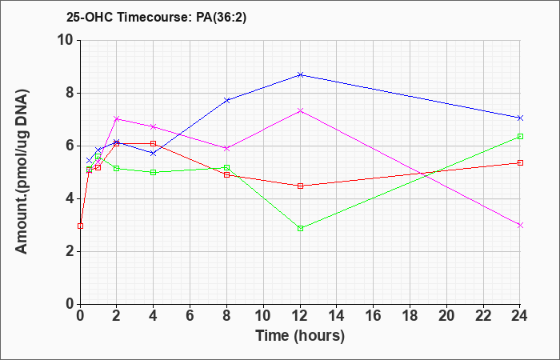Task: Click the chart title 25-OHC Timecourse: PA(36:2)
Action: point(157,17)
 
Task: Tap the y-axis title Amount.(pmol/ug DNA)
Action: point(22,172)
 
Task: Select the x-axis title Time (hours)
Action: point(300,336)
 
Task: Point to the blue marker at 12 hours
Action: point(300,74)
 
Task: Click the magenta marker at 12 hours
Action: point(300,110)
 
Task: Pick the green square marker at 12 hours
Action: point(300,228)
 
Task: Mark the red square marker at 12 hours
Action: point(300,186)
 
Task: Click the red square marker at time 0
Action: point(80,226)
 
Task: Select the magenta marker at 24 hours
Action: point(520,225)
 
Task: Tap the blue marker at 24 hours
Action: point(520,118)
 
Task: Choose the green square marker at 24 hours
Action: point(520,136)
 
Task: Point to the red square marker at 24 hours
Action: point(520,162)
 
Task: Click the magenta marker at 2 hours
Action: point(117,118)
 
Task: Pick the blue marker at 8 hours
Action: point(226,100)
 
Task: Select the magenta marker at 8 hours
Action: point(226,148)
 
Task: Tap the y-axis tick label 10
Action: point(66,40)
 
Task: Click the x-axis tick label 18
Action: point(410,316)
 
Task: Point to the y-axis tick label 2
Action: point(70,251)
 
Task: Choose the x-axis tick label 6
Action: point(190,316)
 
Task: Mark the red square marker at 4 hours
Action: point(154,143)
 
